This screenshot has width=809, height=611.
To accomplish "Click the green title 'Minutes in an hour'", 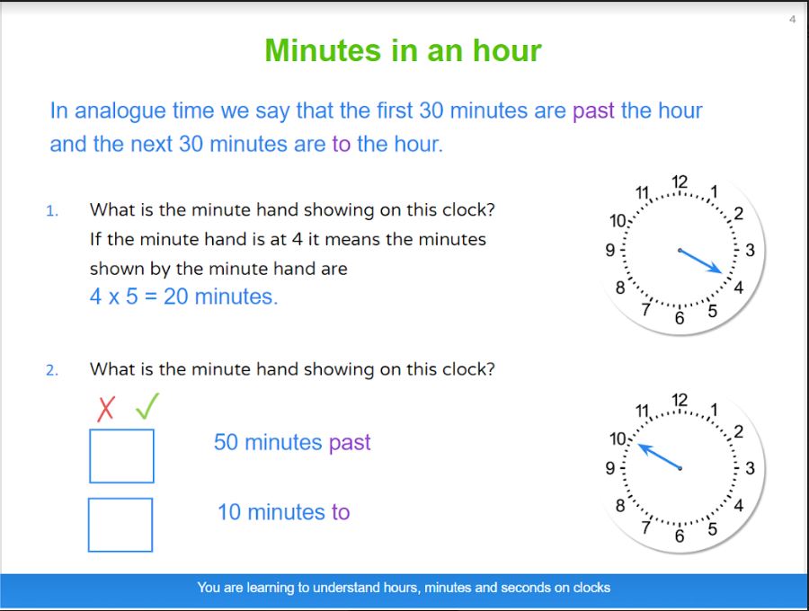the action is [x=403, y=50].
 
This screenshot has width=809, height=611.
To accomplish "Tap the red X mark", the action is [x=106, y=409].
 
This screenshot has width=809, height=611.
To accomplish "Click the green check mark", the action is [x=147, y=406].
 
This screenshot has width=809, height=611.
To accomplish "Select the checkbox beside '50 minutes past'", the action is [x=121, y=456].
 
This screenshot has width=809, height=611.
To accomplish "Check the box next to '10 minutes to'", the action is [x=120, y=525].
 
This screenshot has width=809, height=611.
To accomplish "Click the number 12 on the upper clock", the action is [x=680, y=182].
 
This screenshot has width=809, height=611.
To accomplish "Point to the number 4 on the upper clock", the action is [x=738, y=288].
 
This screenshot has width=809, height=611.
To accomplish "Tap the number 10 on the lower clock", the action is [x=618, y=438].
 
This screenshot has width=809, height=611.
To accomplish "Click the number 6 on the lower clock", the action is [x=680, y=536].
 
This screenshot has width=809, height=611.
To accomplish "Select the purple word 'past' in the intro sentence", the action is [x=593, y=111].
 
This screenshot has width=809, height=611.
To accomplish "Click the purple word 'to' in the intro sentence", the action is [x=341, y=145].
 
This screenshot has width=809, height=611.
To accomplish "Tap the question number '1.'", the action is [x=52, y=211].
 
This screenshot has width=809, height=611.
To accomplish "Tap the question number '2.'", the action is [x=52, y=370].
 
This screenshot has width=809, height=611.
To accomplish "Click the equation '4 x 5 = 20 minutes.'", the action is [x=183, y=297].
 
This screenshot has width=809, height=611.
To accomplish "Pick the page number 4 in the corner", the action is [x=792, y=20].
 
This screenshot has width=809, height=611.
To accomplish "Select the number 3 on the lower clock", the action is [x=750, y=468].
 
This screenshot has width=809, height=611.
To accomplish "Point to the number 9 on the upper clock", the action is [x=609, y=250].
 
